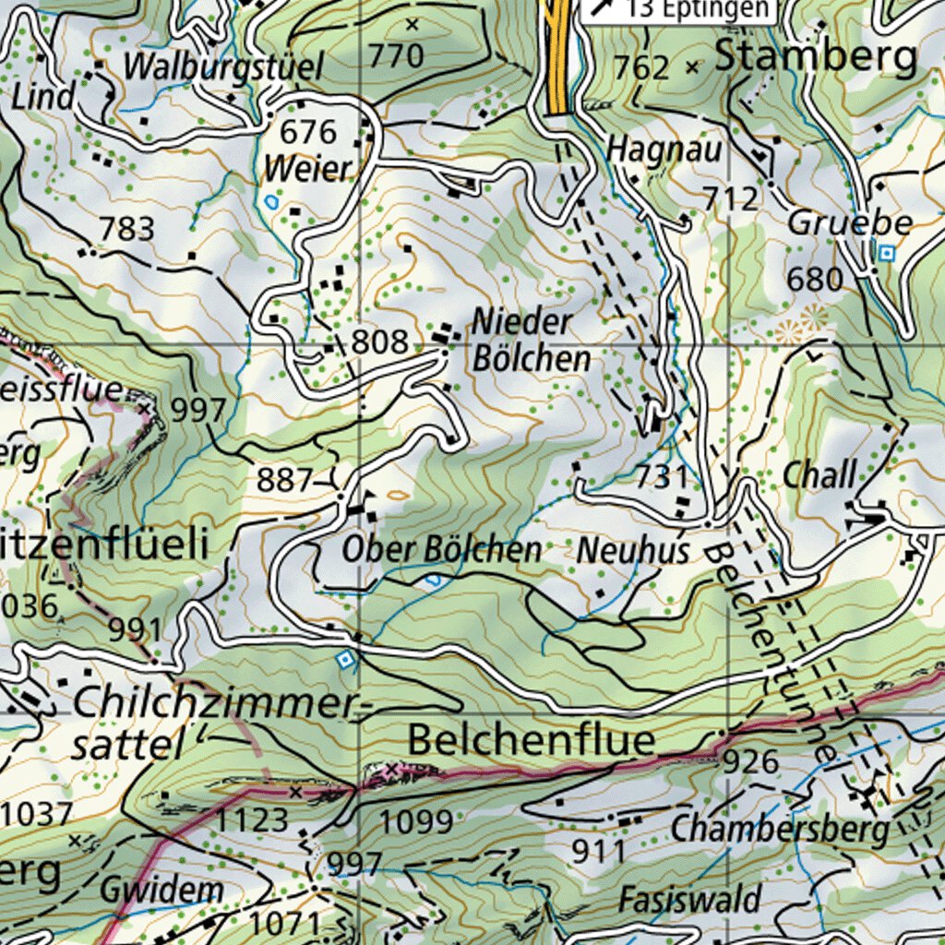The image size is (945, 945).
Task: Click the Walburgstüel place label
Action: [223, 67]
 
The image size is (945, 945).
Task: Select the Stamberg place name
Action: [817, 56]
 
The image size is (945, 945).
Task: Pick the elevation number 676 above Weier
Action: [308, 133]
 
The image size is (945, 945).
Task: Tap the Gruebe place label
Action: [850, 222]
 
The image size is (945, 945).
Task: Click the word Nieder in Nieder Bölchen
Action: [521, 322]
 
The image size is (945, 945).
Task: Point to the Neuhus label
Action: [633, 552]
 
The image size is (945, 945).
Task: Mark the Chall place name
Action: [819, 476]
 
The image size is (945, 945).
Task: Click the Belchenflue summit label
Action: [532, 740]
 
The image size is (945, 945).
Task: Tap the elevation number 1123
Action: [252, 819]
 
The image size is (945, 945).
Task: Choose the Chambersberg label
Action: [780, 829]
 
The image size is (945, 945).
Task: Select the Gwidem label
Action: [161, 891]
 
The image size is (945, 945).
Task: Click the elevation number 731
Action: [662, 477]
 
